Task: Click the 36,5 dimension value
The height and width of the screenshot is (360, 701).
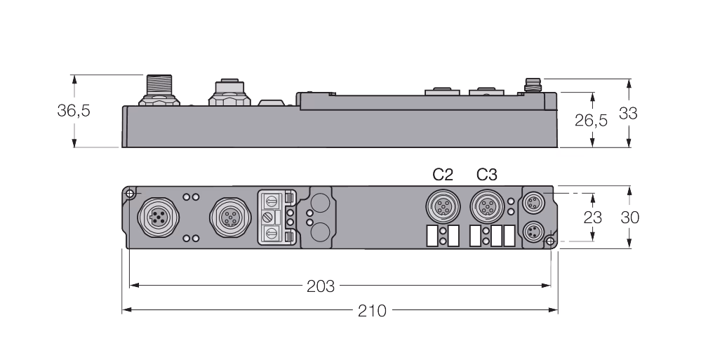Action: [74, 110]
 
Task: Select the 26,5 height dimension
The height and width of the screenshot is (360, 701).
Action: [591, 120]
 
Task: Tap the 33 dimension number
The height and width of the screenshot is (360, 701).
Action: [628, 114]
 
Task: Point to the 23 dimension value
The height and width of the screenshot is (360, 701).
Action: [593, 218]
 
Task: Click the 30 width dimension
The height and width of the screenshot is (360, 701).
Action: [630, 218]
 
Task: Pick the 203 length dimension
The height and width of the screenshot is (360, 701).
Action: [321, 286]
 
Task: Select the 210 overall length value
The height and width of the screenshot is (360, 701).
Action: [372, 310]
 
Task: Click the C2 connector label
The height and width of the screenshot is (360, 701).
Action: [443, 175]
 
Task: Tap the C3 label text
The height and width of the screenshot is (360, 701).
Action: [486, 175]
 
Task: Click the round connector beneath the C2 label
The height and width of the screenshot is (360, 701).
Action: [443, 206]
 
